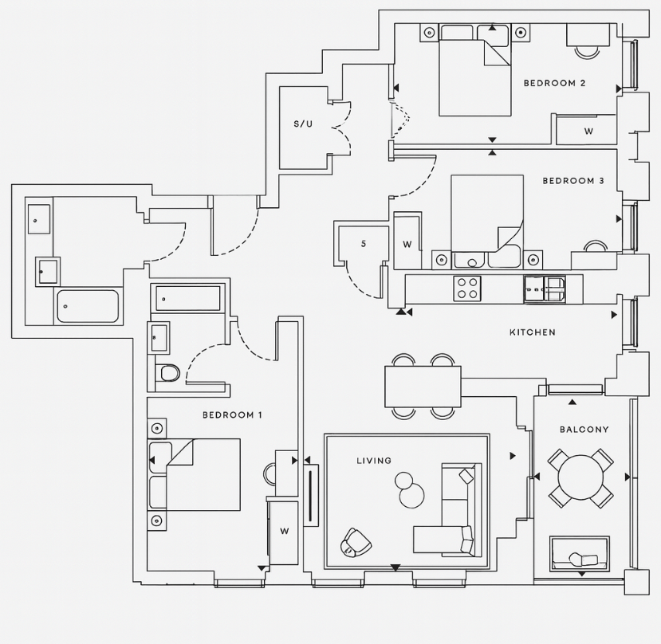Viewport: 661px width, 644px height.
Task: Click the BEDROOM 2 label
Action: (555, 84)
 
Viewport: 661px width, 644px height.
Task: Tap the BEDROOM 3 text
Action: (573, 181)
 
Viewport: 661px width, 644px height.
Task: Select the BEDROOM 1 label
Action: (232, 415)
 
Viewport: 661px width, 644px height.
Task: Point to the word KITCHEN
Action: (533, 332)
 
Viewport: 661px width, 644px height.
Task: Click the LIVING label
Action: (374, 461)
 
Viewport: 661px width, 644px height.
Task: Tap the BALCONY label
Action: (584, 430)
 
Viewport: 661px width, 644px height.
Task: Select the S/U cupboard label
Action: (304, 124)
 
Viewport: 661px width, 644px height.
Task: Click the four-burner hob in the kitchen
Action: (466, 289)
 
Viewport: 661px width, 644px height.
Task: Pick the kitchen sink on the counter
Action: (545, 289)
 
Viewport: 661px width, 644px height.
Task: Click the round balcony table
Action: (581, 477)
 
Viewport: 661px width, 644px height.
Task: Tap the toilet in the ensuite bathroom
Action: (168, 373)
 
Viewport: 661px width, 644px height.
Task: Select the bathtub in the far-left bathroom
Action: (89, 306)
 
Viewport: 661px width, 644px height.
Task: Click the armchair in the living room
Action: (356, 544)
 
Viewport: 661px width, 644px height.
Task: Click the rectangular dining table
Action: (423, 387)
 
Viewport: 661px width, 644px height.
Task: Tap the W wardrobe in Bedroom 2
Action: (588, 131)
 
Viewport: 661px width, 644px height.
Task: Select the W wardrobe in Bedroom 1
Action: (283, 531)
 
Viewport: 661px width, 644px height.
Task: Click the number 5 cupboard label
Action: (364, 244)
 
